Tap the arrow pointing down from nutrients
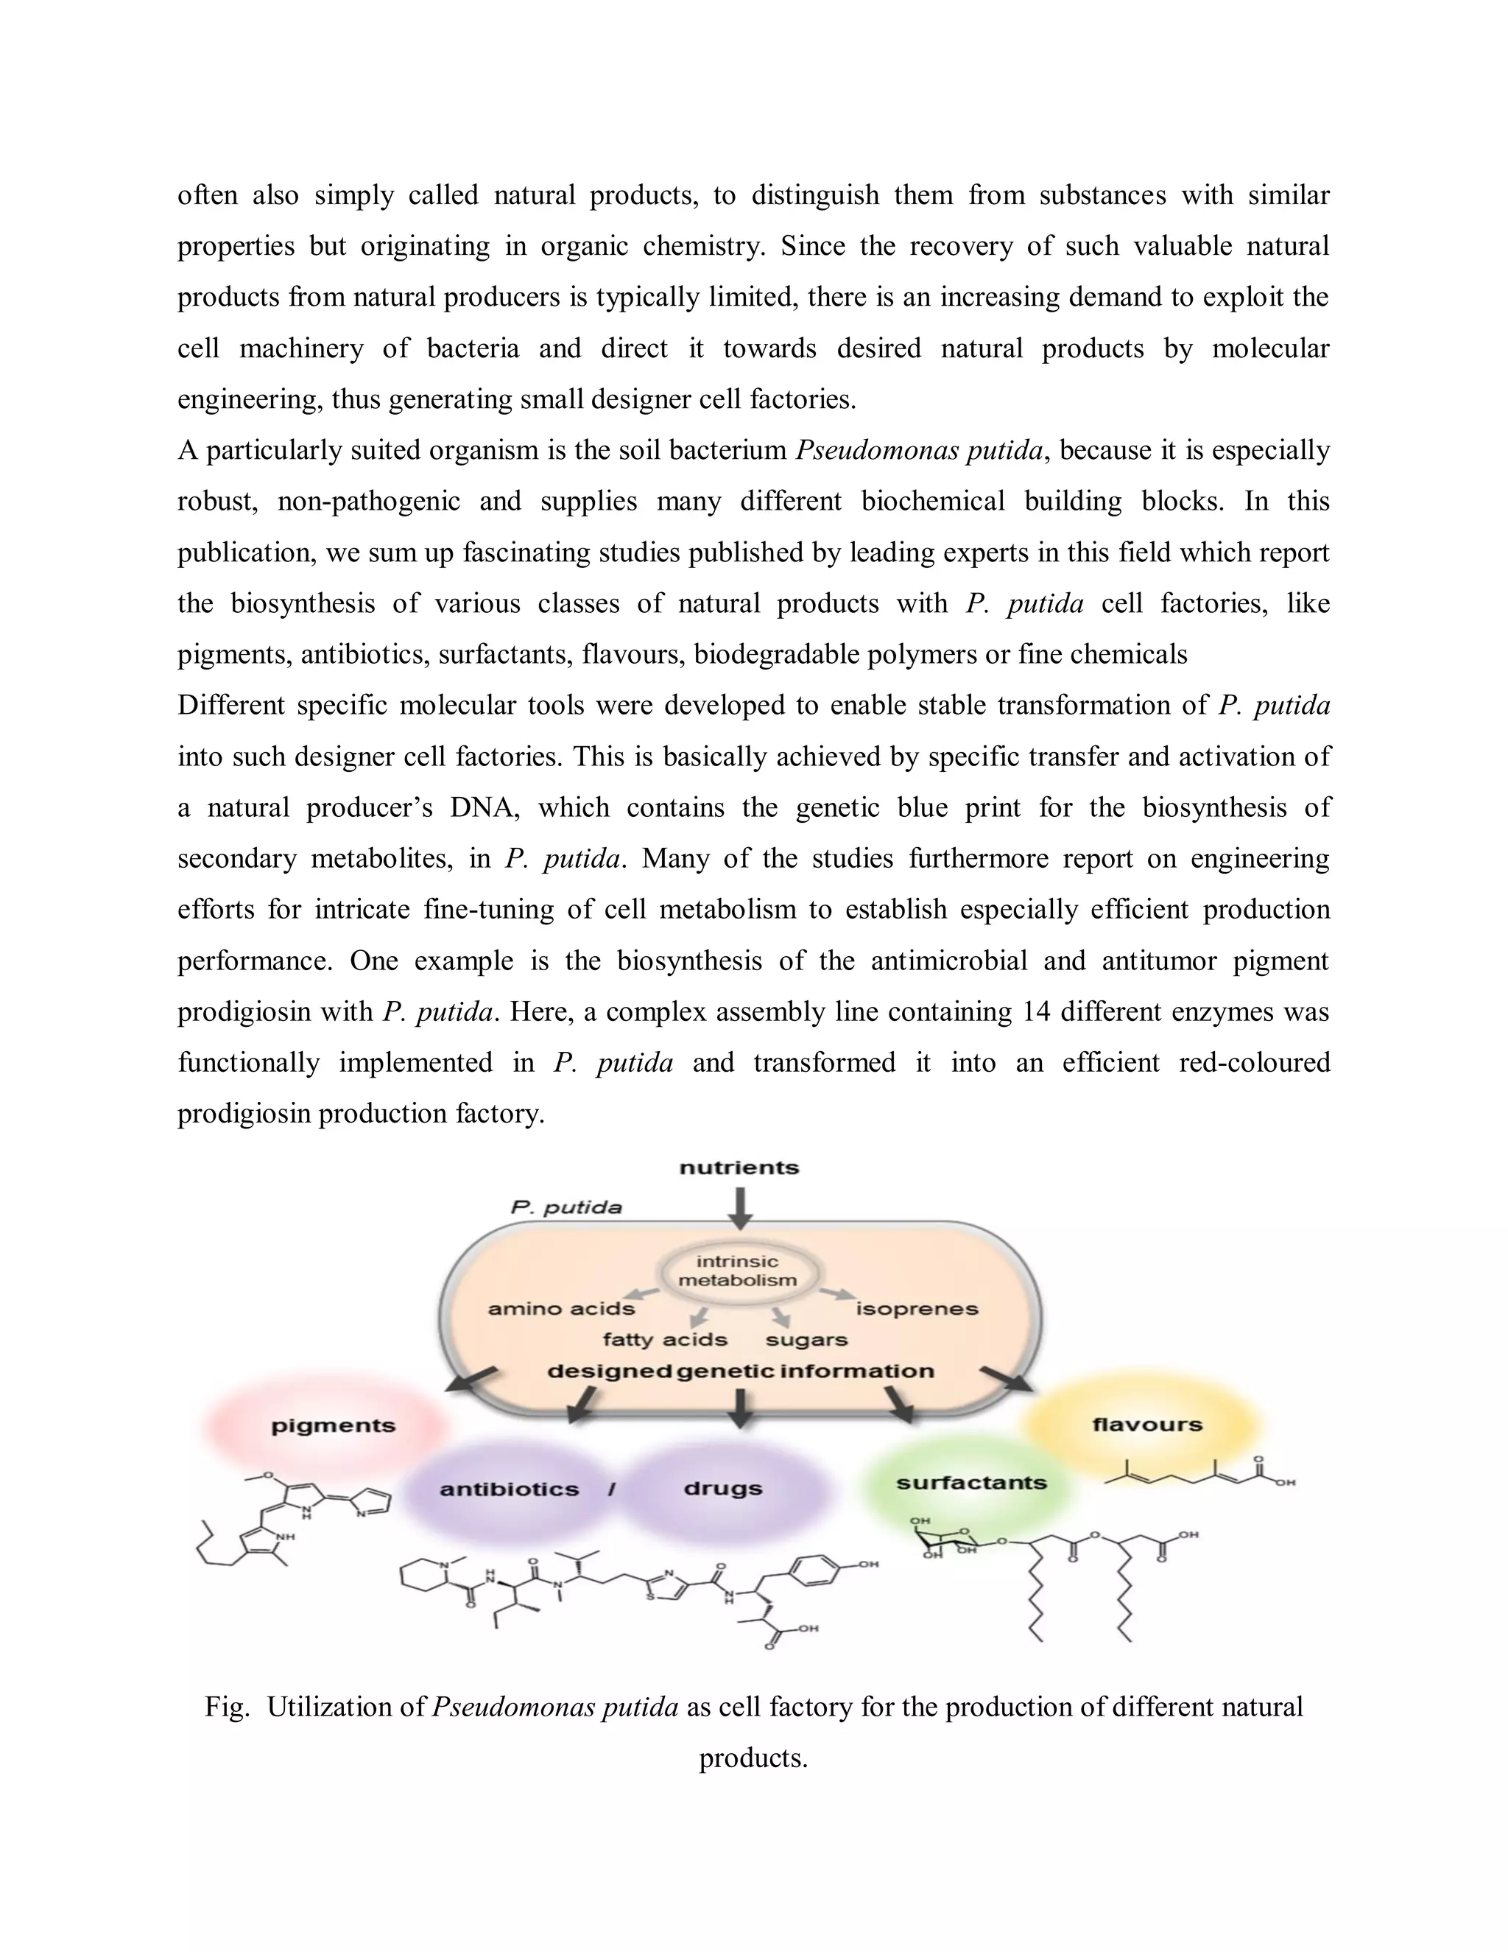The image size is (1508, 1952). coord(740,1207)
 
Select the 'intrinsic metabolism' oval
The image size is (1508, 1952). coord(737,1270)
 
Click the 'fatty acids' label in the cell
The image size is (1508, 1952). coord(665,1340)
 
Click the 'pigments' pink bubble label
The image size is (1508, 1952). coord(334,1425)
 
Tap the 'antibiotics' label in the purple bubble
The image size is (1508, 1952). coord(510,1489)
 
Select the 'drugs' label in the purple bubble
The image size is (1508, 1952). coord(723,1488)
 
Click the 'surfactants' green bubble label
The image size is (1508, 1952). coord(971,1483)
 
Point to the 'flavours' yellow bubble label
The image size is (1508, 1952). coord(1147,1425)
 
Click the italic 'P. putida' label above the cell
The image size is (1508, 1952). coord(566,1207)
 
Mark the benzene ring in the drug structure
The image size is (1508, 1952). coord(815,1566)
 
